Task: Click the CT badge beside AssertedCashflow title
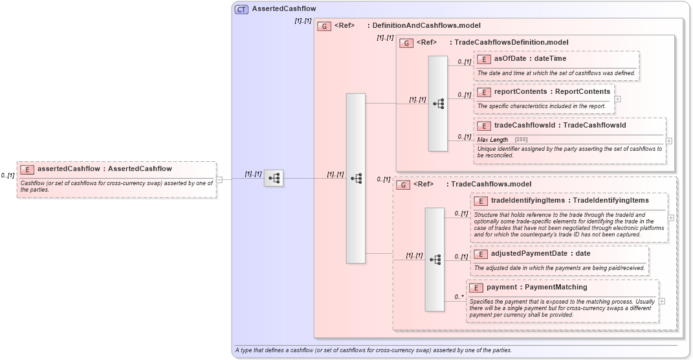pyautogui.click(x=241, y=9)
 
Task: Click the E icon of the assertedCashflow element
pyautogui.click(x=27, y=169)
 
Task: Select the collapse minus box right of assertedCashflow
pyautogui.click(x=219, y=179)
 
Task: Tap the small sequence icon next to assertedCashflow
pyautogui.click(x=274, y=177)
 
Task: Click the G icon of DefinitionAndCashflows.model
pyautogui.click(x=324, y=26)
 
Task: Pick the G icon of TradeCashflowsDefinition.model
pyautogui.click(x=406, y=43)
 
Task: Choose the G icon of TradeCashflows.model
pyautogui.click(x=402, y=185)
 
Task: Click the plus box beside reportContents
pyautogui.click(x=618, y=99)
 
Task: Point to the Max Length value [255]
pyautogui.click(x=521, y=140)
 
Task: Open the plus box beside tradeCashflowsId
pyautogui.click(x=668, y=141)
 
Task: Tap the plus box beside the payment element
pyautogui.click(x=662, y=301)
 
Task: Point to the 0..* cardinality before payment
pyautogui.click(x=459, y=297)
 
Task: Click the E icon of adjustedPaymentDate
pyautogui.click(x=479, y=254)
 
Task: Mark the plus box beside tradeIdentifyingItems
pyautogui.click(x=671, y=218)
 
